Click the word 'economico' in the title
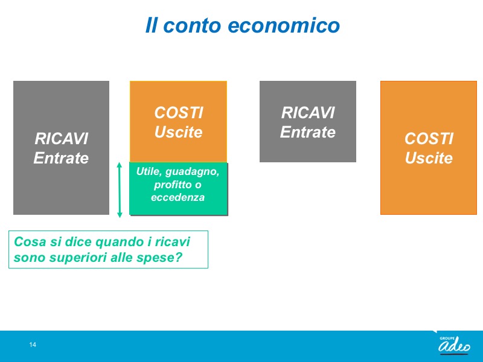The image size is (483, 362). coord(284,25)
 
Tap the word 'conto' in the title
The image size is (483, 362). coord(192,25)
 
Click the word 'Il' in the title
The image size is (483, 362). coord(151,25)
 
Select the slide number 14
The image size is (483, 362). coord(33,345)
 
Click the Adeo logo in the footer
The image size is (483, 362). coord(455,344)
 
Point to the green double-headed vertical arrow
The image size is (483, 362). coord(120,189)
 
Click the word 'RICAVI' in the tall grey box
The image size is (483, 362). coord(62,139)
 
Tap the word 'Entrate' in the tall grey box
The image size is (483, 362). coord(61,158)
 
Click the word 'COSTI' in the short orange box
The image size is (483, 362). coord(179,113)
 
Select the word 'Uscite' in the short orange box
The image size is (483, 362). coord(178,132)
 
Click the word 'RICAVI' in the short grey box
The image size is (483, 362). coord(308,113)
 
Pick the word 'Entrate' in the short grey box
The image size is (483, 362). coord(308,132)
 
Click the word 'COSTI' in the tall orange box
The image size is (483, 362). coord(429,139)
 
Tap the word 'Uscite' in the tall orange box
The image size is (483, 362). coord(429,158)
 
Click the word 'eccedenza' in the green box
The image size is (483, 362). coord(178,197)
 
